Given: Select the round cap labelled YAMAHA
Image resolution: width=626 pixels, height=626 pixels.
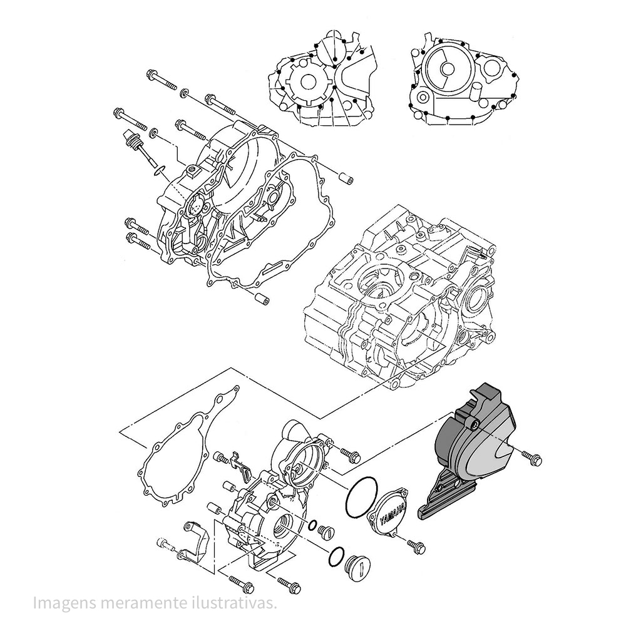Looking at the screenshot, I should coord(389,513).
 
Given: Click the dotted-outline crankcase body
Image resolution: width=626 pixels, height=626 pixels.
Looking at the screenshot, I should coord(401,294).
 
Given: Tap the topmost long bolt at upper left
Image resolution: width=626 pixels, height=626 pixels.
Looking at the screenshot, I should coord(162,81).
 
